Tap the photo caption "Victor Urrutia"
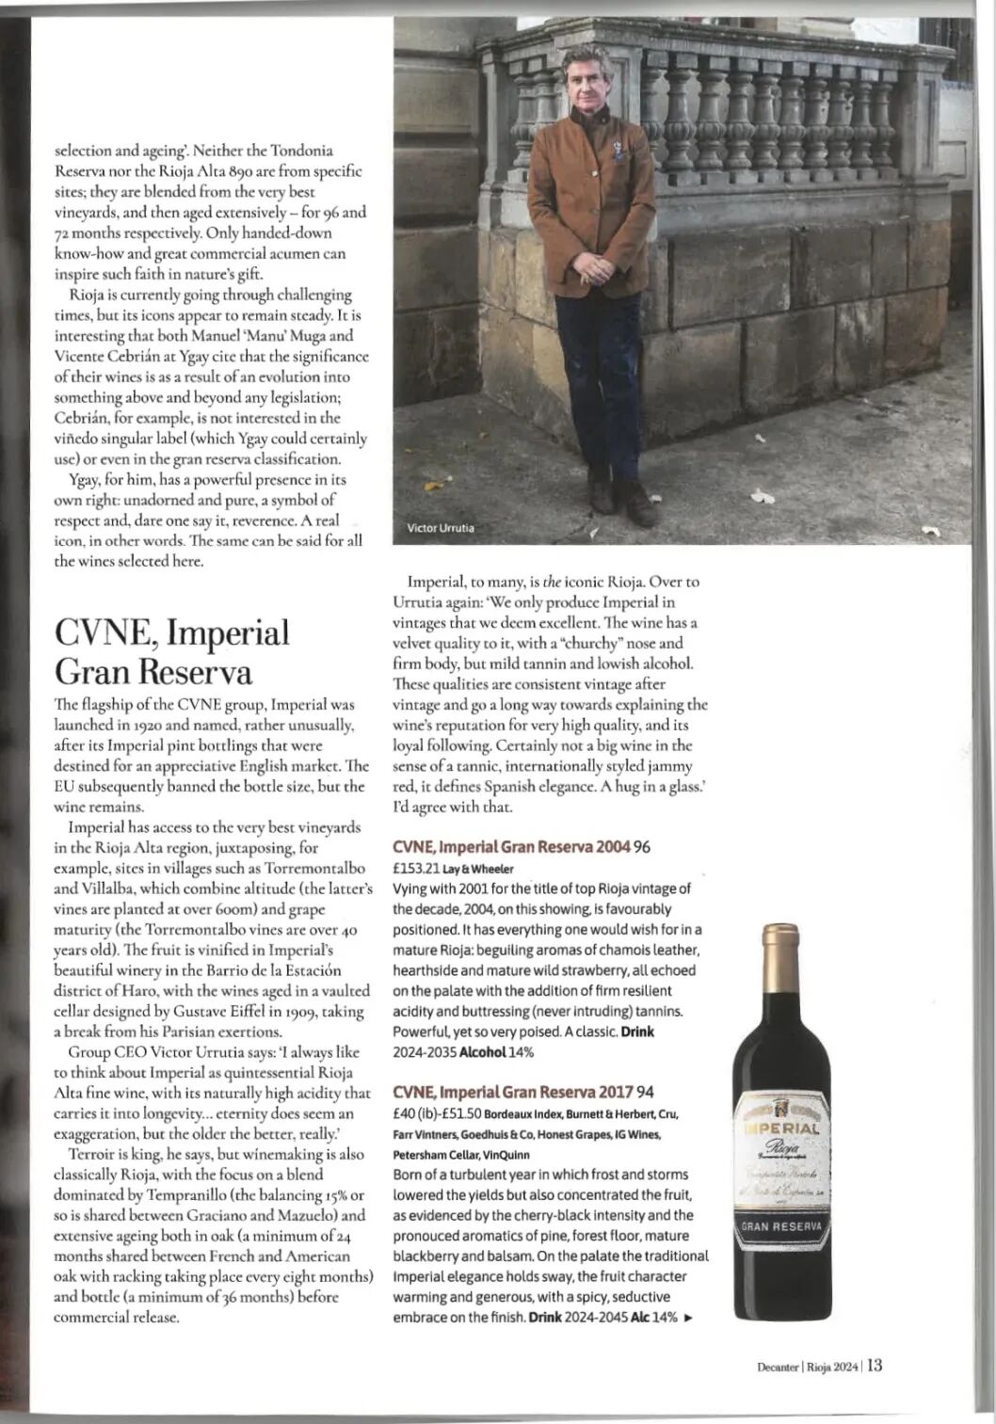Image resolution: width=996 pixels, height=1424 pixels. (440, 528)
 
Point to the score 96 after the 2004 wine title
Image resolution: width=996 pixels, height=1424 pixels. (643, 847)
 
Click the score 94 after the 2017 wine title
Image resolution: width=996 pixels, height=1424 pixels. (646, 1093)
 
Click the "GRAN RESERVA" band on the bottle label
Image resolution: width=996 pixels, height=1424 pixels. (782, 1229)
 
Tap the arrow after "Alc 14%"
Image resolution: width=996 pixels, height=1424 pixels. (688, 1318)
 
